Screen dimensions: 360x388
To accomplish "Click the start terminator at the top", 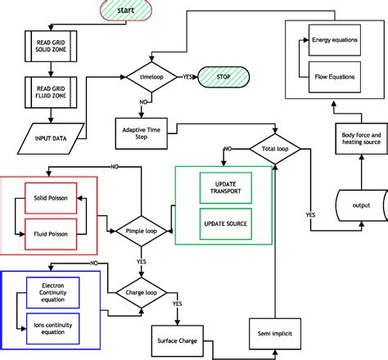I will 125,11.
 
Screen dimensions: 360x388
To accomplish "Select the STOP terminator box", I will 223,77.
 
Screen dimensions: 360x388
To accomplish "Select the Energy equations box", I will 335,39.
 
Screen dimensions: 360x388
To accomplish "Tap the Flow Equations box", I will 335,79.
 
